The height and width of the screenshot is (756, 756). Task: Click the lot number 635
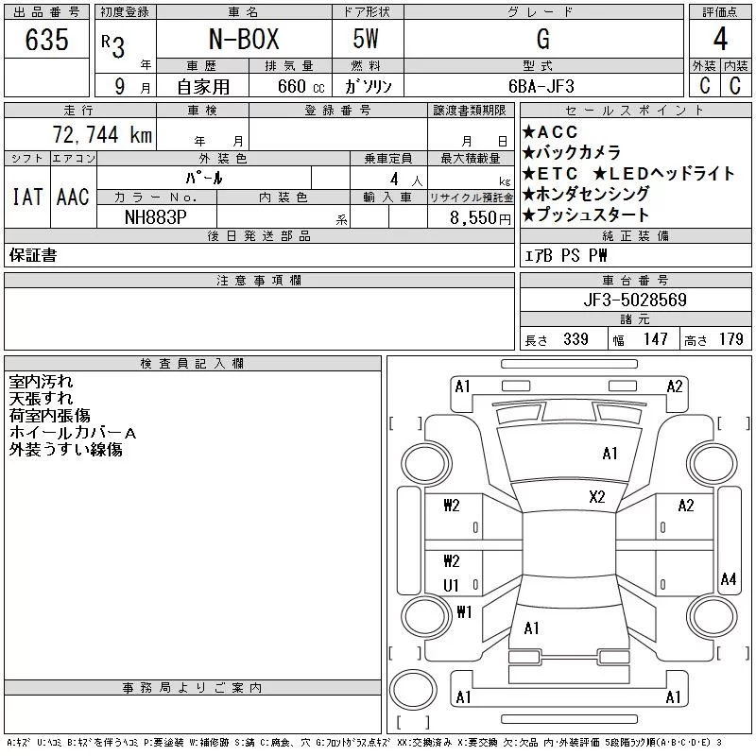click(46, 40)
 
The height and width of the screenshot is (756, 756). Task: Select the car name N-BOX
click(244, 39)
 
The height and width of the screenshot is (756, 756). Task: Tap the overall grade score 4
click(720, 39)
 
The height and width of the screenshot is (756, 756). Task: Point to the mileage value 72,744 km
click(102, 134)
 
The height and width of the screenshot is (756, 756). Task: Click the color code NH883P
click(156, 217)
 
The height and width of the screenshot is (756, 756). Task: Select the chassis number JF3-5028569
click(634, 300)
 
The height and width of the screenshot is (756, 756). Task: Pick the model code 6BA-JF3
click(541, 86)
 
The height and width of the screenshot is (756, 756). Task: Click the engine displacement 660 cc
click(301, 87)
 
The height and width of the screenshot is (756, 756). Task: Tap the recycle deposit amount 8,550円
click(480, 218)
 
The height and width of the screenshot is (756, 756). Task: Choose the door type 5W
click(366, 39)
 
